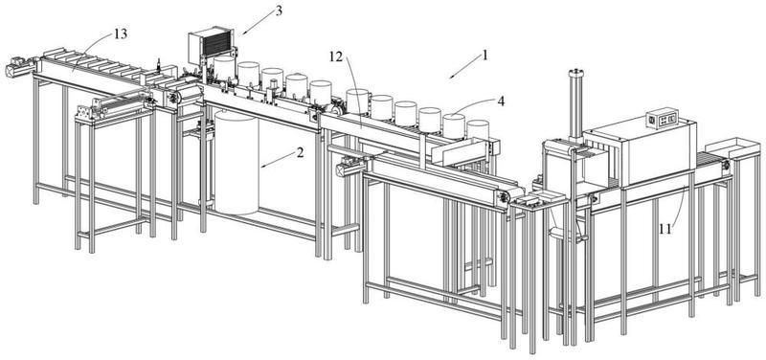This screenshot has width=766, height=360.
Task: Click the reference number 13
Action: (x=121, y=34)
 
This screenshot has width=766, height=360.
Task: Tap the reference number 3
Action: (x=279, y=11)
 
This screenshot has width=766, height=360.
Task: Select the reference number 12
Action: (x=336, y=57)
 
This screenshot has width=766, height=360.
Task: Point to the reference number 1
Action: (x=484, y=55)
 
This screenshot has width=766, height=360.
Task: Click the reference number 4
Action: (x=501, y=101)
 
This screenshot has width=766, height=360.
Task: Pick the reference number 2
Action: (x=300, y=152)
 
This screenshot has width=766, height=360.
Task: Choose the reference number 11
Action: (x=665, y=229)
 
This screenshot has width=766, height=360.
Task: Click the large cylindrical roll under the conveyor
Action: (x=237, y=163)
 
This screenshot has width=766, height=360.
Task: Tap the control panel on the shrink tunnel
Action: (x=662, y=118)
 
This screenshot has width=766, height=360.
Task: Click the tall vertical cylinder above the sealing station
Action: (x=575, y=105)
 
